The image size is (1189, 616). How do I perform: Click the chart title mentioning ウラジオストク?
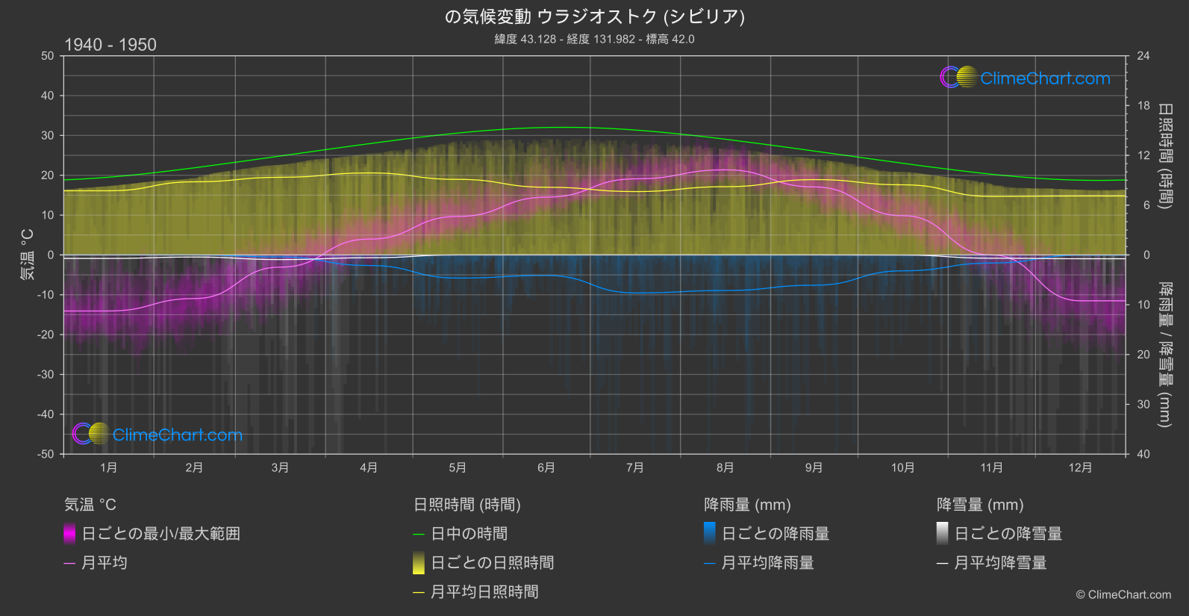[594, 16]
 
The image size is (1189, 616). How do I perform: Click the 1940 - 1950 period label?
[110, 45]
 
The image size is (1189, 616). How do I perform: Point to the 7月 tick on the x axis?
[635, 467]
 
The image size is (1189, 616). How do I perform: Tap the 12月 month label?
[1080, 467]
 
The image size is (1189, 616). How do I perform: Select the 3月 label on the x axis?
[280, 467]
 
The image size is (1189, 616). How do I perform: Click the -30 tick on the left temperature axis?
[46, 375]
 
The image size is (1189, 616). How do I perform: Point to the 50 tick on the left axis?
[48, 56]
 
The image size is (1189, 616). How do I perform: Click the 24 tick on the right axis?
[1143, 56]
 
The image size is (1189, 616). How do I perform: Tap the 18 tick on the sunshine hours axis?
[1143, 106]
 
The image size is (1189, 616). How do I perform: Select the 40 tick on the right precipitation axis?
[1143, 454]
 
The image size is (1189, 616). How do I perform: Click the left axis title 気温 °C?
[28, 255]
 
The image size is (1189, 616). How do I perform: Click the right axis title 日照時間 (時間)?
[1164, 155]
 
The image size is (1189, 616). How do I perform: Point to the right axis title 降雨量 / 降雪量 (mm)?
[1164, 355]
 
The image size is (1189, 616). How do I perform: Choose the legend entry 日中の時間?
[469, 534]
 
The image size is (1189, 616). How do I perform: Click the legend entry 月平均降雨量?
[767, 563]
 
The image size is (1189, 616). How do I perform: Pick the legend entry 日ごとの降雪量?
[1008, 534]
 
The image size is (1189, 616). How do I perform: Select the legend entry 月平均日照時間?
[484, 592]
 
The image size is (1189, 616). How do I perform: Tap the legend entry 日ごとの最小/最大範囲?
[160, 534]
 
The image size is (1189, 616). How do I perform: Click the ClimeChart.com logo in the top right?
[1026, 78]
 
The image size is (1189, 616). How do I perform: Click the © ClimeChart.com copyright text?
[1123, 595]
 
